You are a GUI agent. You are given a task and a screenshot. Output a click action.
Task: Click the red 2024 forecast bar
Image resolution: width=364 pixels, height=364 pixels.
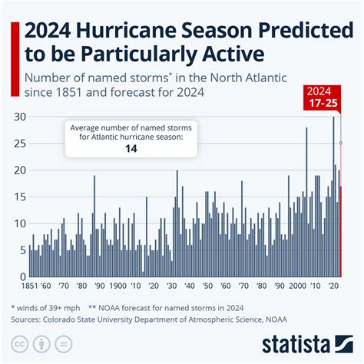click(x=341, y=230)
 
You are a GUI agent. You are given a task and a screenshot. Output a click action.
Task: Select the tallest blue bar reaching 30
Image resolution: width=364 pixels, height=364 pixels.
click(x=333, y=197)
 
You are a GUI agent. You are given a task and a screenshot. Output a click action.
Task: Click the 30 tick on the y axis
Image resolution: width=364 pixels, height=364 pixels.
click(x=18, y=117)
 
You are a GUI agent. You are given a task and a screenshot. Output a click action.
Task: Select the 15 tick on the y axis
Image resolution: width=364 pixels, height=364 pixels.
click(x=18, y=197)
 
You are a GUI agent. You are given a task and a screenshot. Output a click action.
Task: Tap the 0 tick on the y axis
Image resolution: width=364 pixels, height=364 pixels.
click(x=22, y=276)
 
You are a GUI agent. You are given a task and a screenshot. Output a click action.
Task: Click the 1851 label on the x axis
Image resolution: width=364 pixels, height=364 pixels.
click(x=30, y=286)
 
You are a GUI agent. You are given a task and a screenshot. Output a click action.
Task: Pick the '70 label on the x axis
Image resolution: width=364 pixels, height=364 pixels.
click(x=243, y=286)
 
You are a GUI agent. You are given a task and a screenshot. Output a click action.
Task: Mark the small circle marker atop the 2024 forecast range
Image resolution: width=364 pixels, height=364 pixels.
click(x=341, y=143)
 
